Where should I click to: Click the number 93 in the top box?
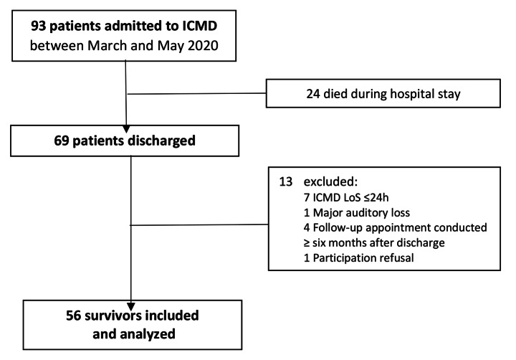click(x=39, y=26)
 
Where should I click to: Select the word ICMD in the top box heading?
click(x=200, y=26)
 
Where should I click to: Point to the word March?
click(x=107, y=45)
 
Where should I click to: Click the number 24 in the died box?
click(x=313, y=94)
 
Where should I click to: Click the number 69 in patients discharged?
click(x=62, y=141)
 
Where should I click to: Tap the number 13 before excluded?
click(x=286, y=182)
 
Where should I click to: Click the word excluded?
click(x=330, y=182)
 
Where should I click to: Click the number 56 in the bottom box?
click(x=73, y=316)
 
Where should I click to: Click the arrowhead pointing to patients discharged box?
click(x=125, y=129)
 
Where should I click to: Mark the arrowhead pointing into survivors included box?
click(x=131, y=307)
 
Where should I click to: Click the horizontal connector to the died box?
click(x=197, y=93)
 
